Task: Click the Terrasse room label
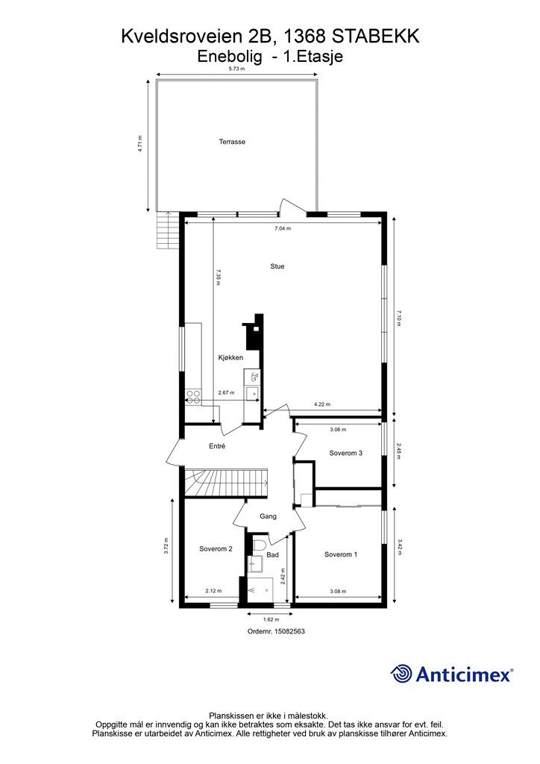click(232, 142)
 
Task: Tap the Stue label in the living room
click(277, 266)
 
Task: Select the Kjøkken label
click(230, 357)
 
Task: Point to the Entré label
click(217, 446)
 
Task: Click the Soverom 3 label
click(346, 453)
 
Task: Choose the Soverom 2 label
click(216, 549)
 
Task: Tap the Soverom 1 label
click(341, 554)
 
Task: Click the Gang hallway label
click(269, 516)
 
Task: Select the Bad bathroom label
click(273, 555)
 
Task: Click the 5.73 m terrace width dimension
click(236, 69)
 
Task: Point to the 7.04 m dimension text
click(283, 228)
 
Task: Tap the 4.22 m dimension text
click(322, 404)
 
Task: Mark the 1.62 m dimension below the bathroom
click(271, 620)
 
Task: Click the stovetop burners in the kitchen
click(193, 397)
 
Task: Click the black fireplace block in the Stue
click(254, 332)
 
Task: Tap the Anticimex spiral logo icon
click(401, 674)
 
